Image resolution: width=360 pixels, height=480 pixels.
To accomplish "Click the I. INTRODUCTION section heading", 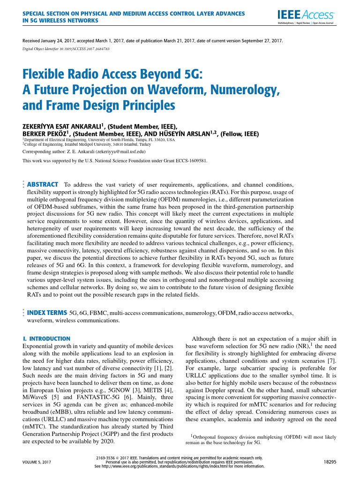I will [46, 338].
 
